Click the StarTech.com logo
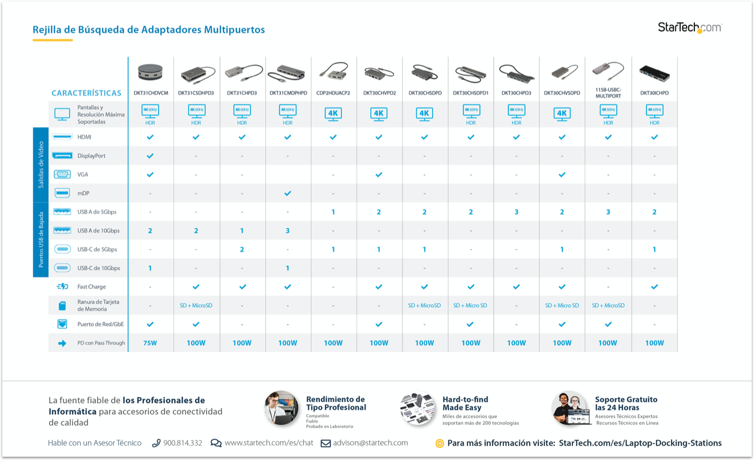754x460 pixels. pos(689,27)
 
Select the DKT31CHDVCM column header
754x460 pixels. pos(150,93)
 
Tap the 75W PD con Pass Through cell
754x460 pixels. pos(150,343)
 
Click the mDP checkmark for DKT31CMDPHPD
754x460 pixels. pos(288,193)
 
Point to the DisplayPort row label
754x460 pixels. pos(91,156)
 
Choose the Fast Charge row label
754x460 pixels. pos(91,287)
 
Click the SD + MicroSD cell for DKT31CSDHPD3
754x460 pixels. pos(196,306)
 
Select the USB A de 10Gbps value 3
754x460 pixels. pos(288,231)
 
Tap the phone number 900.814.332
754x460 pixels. pos(183,443)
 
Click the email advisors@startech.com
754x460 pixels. pos(371,443)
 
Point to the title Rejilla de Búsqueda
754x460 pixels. pos(149,30)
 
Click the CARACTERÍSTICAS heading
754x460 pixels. pos(86,93)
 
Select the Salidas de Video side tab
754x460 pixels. pos(41,165)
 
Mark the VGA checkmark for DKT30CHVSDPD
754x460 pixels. pos(562,175)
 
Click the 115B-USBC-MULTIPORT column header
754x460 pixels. pos(608,93)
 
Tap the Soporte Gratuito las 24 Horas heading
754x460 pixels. pos(626,403)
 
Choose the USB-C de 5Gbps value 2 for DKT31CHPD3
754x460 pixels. pos(242,249)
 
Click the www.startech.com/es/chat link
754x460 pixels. pos(269,443)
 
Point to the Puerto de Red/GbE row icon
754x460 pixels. pos(62,324)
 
